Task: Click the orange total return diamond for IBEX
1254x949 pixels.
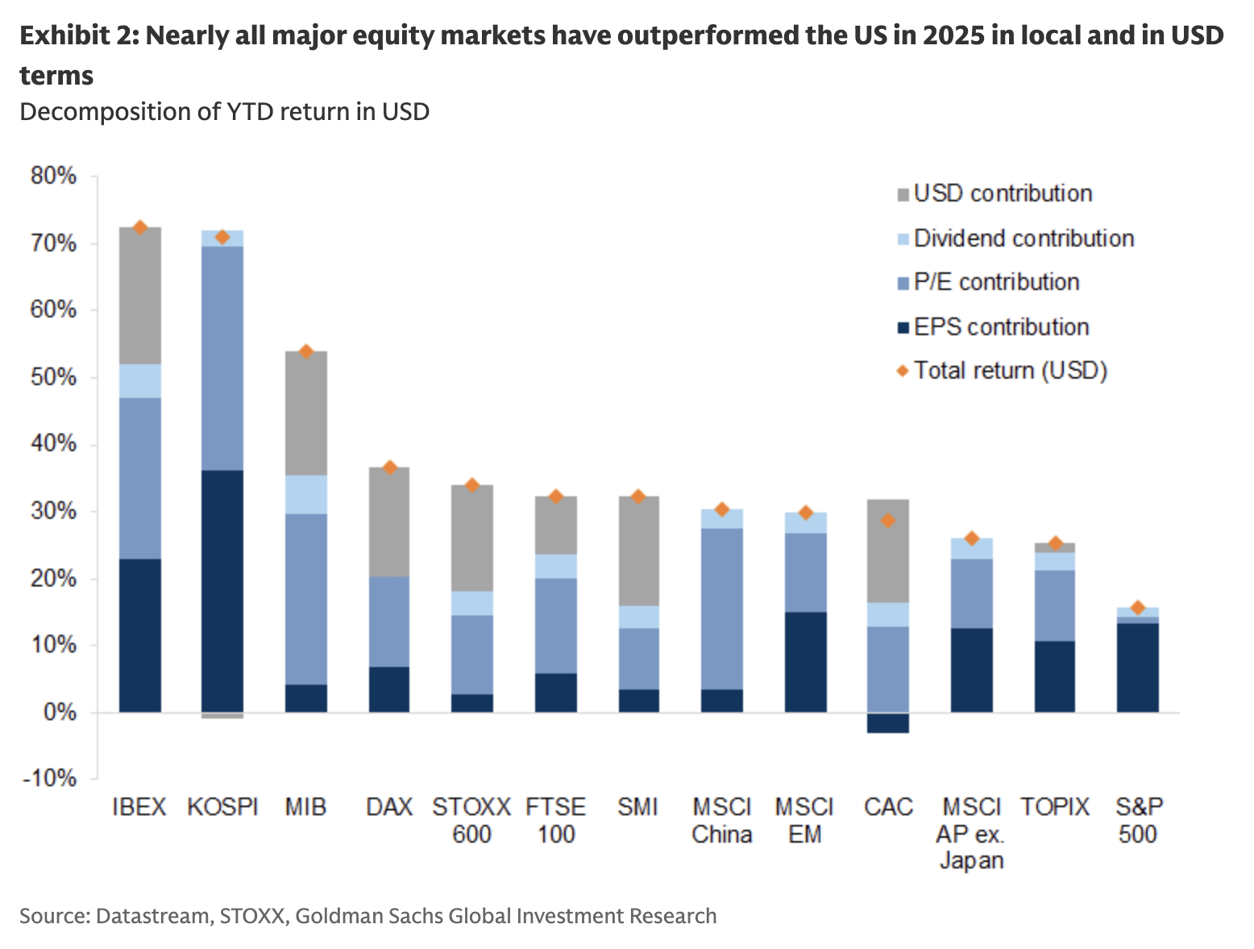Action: coord(140,228)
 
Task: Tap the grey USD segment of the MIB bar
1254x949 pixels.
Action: coord(306,413)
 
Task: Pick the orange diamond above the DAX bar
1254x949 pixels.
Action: coord(390,468)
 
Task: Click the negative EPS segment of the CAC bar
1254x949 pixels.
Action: coord(888,723)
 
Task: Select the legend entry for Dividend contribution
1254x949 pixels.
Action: coord(1023,238)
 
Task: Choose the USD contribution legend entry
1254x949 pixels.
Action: coord(1003,194)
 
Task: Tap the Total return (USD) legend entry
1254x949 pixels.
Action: coord(1010,371)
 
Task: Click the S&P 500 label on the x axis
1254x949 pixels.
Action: coord(1138,820)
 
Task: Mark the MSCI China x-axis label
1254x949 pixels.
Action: coord(721,820)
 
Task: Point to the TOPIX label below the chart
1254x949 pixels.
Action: coord(1055,806)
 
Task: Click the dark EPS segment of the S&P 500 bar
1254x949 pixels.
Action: coord(1138,667)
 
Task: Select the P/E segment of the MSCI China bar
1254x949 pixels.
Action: coord(722,608)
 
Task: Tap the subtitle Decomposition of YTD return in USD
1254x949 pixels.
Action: coord(224,111)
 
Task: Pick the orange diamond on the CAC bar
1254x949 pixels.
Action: coord(888,521)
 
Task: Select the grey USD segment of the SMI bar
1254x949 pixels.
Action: coord(638,551)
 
